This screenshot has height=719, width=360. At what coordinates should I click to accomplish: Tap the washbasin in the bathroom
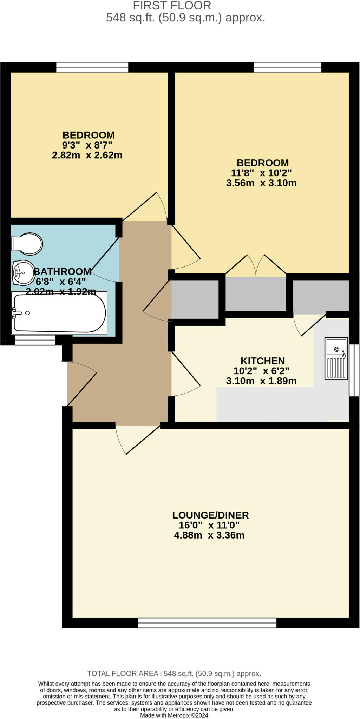point(23,272)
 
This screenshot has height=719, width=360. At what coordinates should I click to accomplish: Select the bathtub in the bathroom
point(59,312)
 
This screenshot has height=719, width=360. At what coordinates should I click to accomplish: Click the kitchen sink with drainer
point(336,358)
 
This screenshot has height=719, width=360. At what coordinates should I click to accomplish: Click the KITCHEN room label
point(262,361)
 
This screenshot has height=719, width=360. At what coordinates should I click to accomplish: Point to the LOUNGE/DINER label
point(210,515)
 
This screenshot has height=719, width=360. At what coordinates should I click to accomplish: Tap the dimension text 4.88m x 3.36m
point(209,535)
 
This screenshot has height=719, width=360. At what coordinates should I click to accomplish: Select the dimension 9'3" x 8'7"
point(87,145)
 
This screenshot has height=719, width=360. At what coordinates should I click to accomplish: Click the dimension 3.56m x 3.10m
point(261,183)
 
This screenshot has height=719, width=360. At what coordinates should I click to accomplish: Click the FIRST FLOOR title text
point(172,6)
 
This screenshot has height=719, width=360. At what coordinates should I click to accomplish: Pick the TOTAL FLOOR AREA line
point(174,673)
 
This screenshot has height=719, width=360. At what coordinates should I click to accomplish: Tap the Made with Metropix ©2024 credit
point(174,715)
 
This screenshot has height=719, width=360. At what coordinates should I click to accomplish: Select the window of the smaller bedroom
point(92,67)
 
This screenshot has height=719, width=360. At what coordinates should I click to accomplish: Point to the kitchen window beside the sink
point(354,370)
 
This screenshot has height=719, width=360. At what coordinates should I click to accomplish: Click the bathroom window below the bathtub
point(35,340)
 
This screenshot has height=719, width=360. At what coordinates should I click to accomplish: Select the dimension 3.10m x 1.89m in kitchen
point(261,381)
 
